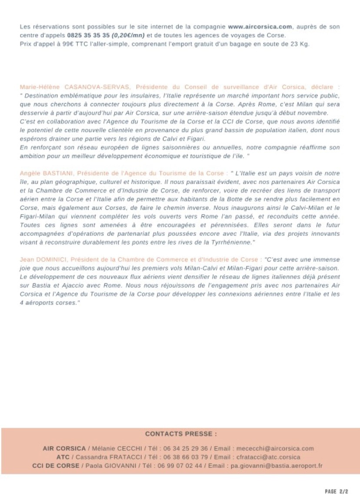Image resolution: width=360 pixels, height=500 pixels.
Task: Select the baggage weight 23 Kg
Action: [x=301, y=44]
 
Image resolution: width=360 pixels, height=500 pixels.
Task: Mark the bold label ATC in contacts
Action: [x=63, y=457]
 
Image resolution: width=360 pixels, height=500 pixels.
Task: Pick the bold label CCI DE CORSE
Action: [x=56, y=466]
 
